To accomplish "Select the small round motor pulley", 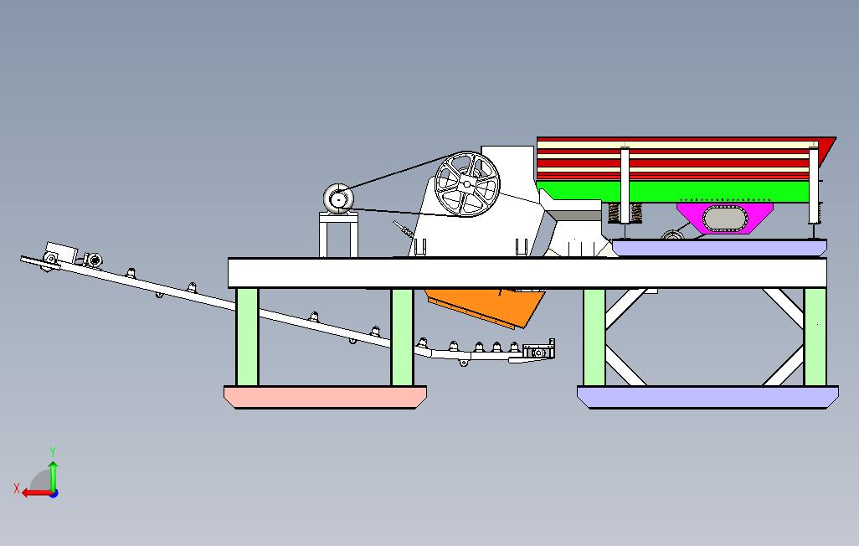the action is coord(339,199).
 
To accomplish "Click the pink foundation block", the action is coord(325,397).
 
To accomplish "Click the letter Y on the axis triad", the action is coord(53,452).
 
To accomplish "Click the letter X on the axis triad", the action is coord(16,488).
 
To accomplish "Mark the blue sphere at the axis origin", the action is coord(53,492).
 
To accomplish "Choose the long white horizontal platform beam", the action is coord(527,272).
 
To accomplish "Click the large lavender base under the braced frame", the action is coord(707,397).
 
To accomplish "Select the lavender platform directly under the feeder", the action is coord(718,248).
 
